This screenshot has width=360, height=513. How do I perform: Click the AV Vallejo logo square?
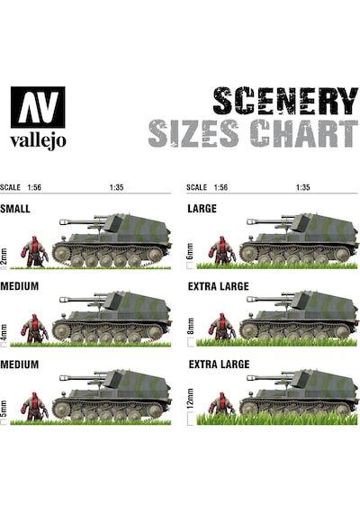coord(38,107)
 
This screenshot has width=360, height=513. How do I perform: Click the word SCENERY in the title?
coord(285,101)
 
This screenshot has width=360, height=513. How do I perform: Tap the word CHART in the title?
coord(303,133)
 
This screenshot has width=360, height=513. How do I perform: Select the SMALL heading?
coord(15,209)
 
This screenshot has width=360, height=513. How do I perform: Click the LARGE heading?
coord(202,209)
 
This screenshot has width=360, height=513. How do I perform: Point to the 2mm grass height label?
coord(4,256)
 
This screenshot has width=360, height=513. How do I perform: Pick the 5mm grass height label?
coord(4,409)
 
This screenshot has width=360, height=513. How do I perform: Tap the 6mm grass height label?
coord(190,252)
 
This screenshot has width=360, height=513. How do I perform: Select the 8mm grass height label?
coord(190,327)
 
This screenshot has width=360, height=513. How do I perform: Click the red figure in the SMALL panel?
coord(34,252)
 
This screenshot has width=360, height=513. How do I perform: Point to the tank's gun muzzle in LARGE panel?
coord(251,221)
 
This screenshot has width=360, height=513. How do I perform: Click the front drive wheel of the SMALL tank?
coord(61,254)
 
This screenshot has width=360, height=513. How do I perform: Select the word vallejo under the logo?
coord(38,141)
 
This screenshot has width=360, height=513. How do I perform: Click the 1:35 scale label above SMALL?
coord(116,187)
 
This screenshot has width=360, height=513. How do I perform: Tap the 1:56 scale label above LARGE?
coord(220,187)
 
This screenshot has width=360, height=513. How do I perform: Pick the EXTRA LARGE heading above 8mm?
coord(219,286)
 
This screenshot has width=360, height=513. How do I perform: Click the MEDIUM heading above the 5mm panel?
coord(19,364)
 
